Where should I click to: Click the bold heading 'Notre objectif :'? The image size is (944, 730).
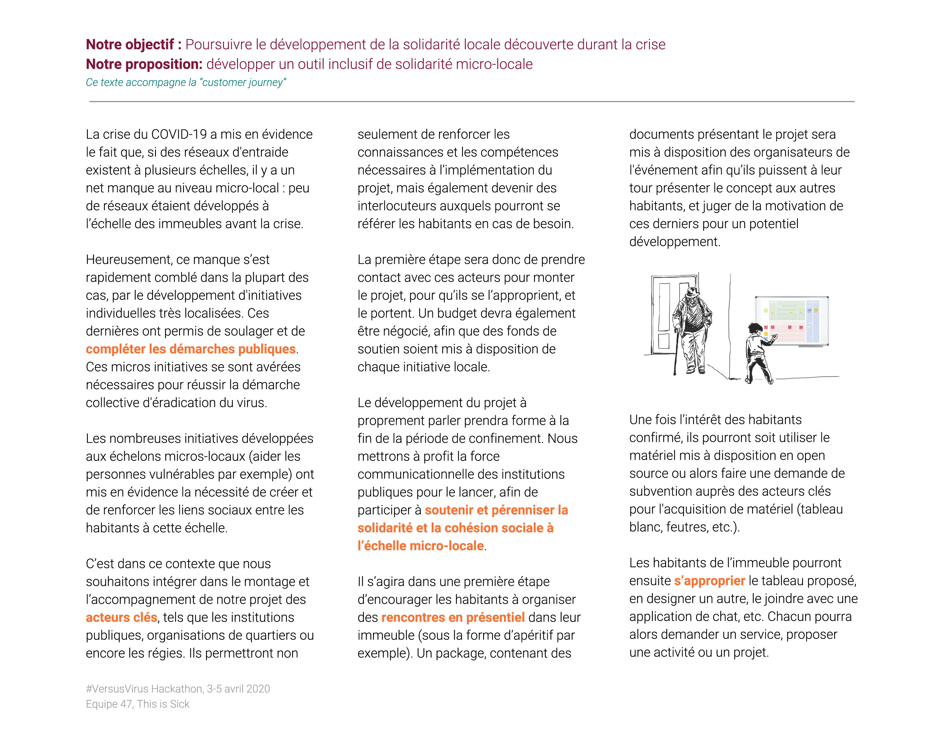tap(133, 45)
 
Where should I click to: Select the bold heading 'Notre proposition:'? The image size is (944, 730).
tap(144, 64)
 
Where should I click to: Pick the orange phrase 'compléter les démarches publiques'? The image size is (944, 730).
tap(191, 349)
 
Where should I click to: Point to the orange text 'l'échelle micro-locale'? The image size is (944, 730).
tap(420, 546)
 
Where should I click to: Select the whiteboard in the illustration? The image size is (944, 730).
tap(792, 321)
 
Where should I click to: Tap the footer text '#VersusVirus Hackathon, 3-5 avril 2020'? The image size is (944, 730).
tap(178, 689)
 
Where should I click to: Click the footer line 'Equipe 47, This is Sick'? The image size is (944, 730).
tap(137, 704)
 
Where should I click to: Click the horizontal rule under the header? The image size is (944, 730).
tap(471, 102)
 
